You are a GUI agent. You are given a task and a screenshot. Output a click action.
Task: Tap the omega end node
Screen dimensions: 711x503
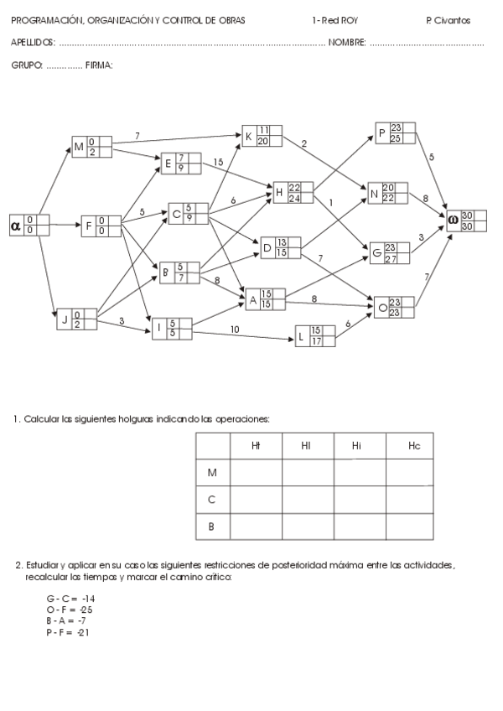465,221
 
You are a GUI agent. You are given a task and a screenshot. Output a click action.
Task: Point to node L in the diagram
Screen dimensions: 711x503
315,335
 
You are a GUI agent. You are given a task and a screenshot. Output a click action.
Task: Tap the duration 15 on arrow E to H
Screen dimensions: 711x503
218,161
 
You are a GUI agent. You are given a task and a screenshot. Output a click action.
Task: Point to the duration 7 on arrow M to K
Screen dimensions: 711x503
137,134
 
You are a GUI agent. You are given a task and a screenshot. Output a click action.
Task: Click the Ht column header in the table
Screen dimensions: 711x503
256,447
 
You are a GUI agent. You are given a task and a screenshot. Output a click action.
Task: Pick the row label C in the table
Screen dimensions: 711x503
211,500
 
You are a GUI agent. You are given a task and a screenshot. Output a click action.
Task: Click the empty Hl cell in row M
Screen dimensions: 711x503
307,473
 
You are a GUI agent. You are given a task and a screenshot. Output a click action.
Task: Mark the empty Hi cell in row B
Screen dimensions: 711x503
359,526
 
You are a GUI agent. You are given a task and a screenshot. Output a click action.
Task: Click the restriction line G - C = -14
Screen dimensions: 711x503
70,599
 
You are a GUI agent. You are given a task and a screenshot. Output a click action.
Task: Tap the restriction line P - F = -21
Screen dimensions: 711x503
68,631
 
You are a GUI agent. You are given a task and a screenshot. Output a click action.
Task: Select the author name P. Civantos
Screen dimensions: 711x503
448,20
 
